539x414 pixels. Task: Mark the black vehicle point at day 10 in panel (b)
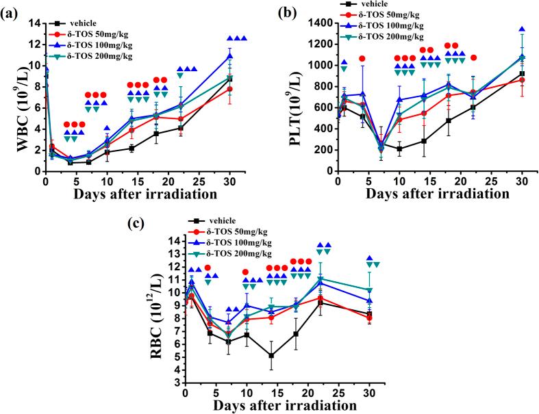(399, 148)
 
